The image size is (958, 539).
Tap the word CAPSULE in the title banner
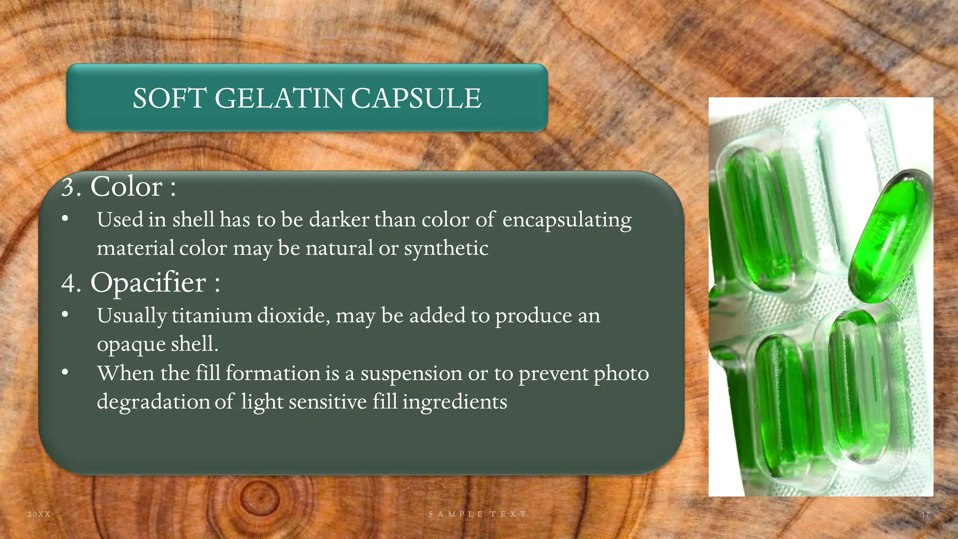pos(416,98)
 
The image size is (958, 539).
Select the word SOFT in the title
pos(170,98)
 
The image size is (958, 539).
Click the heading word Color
pos(126,187)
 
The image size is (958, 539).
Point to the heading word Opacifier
pos(148,283)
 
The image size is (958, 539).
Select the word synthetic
pos(446,248)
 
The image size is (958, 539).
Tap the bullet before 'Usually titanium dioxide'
pos(65,315)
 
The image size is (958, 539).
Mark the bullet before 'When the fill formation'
pos(65,373)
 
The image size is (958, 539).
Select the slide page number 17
pos(925,514)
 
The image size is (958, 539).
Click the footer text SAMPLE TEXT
pos(478,514)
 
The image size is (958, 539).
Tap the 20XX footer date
pos(39,514)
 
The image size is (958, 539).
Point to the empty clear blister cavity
pos(837,182)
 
